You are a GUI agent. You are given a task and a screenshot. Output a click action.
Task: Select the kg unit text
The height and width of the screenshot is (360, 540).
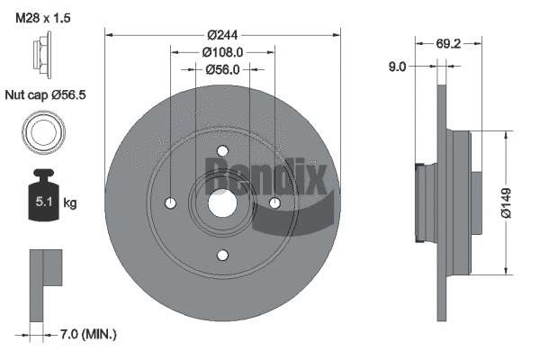pyautogui.click(x=70, y=203)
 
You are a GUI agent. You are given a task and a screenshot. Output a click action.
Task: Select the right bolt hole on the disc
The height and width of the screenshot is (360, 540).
pyautogui.click(x=275, y=203)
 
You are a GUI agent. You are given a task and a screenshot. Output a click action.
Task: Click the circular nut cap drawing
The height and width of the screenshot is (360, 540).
pyautogui.click(x=43, y=132)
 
